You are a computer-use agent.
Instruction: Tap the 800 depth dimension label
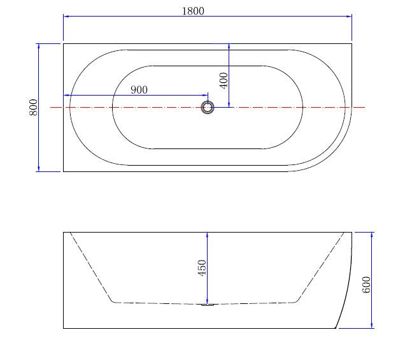coord(34,107)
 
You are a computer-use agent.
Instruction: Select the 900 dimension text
coord(139,90)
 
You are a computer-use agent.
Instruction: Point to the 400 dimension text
coord(223,80)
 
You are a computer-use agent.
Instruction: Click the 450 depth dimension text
coord(202,267)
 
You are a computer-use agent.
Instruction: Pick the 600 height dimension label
coord(366,284)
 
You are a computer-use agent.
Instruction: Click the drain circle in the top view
coord(207,107)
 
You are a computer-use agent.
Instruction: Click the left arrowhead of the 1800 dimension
coord(66,18)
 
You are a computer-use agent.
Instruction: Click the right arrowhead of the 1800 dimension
coord(349,18)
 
